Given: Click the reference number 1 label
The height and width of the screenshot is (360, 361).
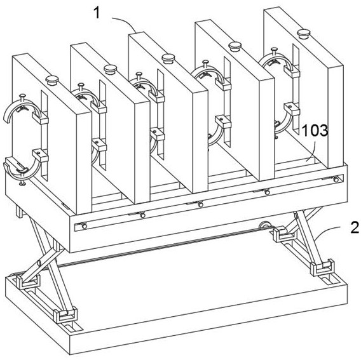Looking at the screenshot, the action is click(97, 13).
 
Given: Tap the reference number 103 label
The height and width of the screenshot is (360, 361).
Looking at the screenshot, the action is click(315, 130).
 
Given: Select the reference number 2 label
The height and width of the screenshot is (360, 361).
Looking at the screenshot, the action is click(355, 227).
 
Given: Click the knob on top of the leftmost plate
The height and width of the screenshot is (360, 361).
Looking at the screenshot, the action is click(52, 81).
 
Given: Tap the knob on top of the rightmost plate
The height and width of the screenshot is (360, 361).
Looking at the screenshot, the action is click(303, 34).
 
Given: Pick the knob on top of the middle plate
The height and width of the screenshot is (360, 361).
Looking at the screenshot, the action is click(168, 58).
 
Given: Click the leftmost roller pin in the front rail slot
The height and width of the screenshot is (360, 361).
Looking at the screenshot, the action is click(85, 226).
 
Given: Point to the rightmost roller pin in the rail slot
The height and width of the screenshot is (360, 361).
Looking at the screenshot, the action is click(336, 179).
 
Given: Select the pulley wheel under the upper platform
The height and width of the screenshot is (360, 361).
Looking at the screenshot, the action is click(264, 225).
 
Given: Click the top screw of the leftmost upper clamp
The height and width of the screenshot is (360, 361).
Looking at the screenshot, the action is click(22, 97).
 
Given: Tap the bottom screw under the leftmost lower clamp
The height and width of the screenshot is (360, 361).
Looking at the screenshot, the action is click(22, 182).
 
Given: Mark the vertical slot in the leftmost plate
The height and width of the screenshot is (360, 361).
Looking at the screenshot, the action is click(44, 135).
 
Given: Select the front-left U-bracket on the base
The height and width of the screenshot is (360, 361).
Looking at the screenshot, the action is click(27, 281).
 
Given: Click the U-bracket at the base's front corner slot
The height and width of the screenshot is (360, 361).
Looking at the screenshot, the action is click(65, 315).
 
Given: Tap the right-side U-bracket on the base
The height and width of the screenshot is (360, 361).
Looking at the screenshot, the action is click(322, 267).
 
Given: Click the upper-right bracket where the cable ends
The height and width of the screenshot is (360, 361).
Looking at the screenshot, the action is click(283, 235).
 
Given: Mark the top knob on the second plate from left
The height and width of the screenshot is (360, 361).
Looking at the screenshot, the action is click(110, 69).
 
